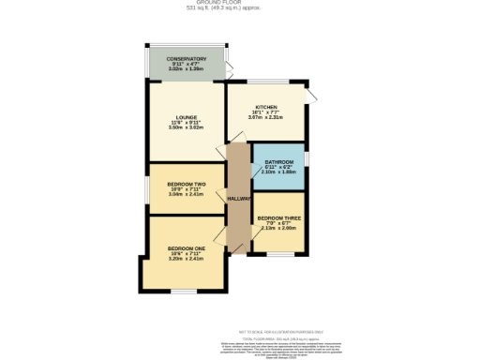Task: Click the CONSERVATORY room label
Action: (187, 58)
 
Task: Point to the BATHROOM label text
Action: (278, 161)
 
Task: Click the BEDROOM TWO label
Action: (186, 183)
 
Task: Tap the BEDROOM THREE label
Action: (278, 217)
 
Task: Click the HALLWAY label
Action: (238, 198)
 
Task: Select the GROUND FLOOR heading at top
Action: (240, 3)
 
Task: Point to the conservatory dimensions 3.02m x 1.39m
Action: (187, 69)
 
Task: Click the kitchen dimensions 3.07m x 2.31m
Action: (265, 117)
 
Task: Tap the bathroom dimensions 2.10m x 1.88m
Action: (278, 172)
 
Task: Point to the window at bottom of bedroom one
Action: (184, 292)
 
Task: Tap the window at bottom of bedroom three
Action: (278, 254)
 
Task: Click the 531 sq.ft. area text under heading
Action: (240, 9)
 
